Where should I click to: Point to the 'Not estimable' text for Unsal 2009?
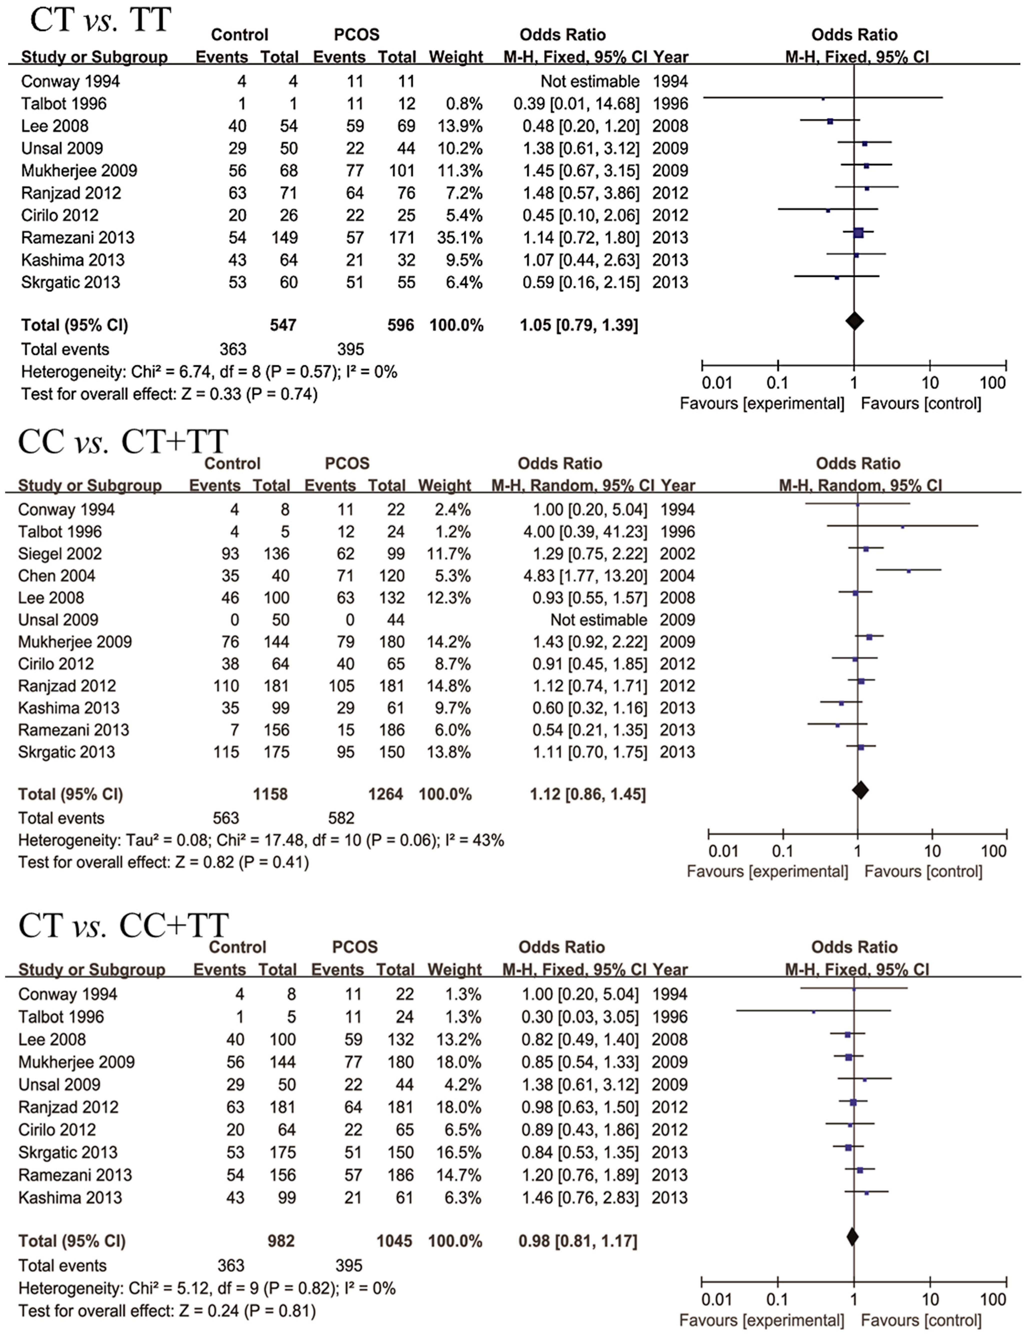(x=598, y=619)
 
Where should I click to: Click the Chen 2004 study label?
(x=57, y=575)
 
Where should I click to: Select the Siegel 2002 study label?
(x=60, y=553)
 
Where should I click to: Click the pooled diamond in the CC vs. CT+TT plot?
(x=860, y=790)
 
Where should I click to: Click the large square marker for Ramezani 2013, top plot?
(x=858, y=232)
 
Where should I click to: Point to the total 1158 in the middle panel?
(x=270, y=794)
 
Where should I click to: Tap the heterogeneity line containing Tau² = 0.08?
(x=261, y=840)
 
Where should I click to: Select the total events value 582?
(x=341, y=818)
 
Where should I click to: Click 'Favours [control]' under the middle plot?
(x=923, y=871)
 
